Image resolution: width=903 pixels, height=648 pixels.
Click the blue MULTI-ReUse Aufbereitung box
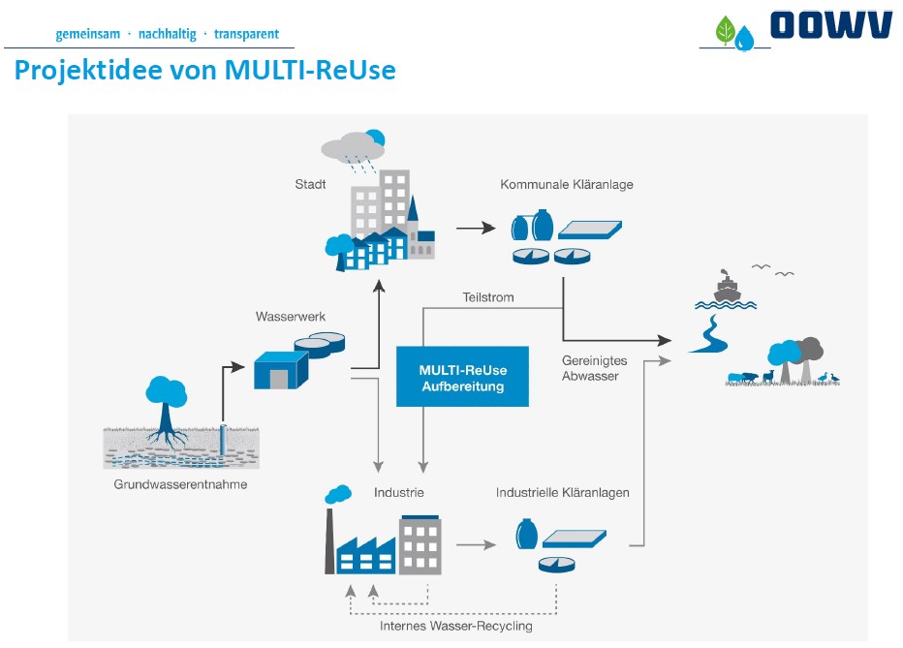pos(463,377)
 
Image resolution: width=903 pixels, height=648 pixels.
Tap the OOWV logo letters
pos(830,25)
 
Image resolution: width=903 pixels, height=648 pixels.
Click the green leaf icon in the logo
pos(725,31)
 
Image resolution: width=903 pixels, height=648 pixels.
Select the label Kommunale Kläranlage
pos(567,184)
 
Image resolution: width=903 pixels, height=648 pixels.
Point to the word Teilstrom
pos(488,297)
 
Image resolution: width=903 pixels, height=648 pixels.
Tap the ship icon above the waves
pos(727,287)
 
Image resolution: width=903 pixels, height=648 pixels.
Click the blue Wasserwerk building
pos(279,371)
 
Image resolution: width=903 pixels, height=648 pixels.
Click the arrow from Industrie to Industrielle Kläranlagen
pos(475,545)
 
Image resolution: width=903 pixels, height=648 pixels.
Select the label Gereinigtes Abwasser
pos(594,368)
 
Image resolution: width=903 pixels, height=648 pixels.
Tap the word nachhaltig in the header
pos(168,34)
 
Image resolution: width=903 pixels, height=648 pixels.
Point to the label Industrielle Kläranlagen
pos(563,493)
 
